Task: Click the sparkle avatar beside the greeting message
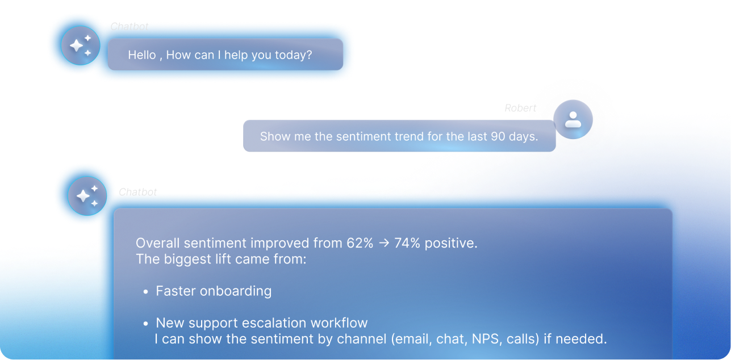80,45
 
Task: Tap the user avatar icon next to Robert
573,119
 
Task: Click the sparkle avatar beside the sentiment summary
87,196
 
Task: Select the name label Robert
520,108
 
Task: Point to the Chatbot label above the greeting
130,27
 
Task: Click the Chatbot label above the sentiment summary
137,192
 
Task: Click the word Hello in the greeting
141,55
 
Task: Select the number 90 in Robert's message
498,136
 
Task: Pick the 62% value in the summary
360,243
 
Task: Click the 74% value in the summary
407,243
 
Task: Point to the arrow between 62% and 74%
384,243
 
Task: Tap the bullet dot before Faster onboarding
145,291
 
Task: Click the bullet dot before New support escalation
145,324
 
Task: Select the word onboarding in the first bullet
236,291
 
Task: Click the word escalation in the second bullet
273,323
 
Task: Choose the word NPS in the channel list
486,339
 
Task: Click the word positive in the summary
450,244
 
